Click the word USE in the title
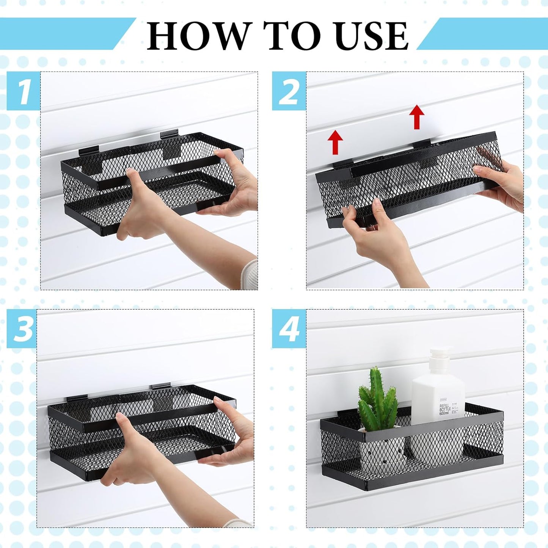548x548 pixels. [x=371, y=36]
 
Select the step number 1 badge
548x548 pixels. [x=24, y=91]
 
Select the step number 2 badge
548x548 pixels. [x=289, y=91]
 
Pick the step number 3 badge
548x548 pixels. [x=22, y=328]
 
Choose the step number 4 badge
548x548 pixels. [x=289, y=328]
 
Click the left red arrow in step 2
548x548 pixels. [x=335, y=142]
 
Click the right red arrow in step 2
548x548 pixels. [x=417, y=116]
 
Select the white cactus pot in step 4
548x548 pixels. [x=375, y=448]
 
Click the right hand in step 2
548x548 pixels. [x=501, y=182]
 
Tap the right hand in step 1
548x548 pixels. [x=231, y=182]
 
